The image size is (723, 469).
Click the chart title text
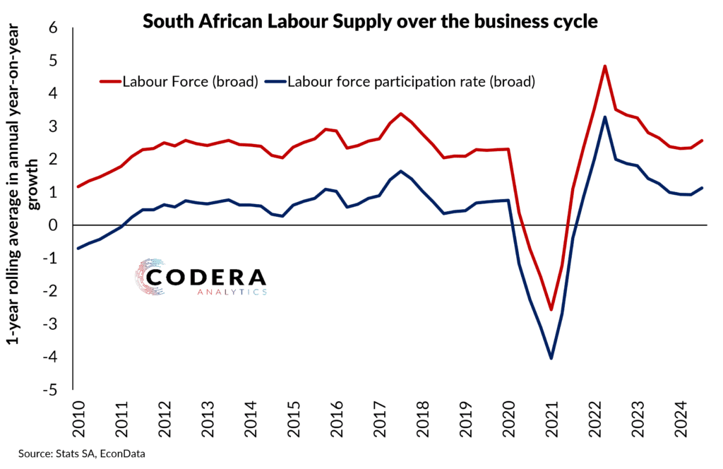coord(370,22)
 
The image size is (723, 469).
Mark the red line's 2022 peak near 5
coord(605,66)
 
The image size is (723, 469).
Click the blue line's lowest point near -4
coord(551,358)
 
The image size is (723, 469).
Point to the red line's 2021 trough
coord(551,309)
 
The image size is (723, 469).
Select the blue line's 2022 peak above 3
coord(605,117)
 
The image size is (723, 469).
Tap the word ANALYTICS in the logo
coord(229,292)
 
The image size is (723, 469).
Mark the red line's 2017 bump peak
coord(400,114)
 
